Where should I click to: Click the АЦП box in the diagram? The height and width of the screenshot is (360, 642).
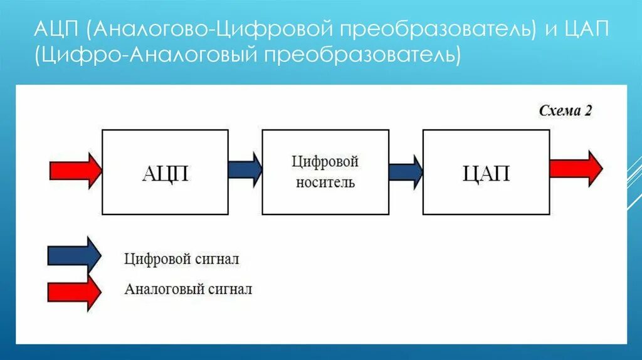pyautogui.click(x=165, y=172)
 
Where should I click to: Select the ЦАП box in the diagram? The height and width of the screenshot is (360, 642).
pyautogui.click(x=486, y=172)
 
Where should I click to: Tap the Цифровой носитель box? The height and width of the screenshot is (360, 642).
pyautogui.click(x=325, y=172)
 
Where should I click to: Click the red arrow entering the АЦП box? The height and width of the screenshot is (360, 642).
pyautogui.click(x=75, y=170)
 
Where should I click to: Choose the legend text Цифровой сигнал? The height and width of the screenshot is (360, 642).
pyautogui.click(x=182, y=259)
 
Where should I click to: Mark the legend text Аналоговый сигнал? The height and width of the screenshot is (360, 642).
pyautogui.click(x=188, y=289)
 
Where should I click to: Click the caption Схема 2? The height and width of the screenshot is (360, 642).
pyautogui.click(x=566, y=110)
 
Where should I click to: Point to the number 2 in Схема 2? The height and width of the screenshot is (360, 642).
pyautogui.click(x=588, y=110)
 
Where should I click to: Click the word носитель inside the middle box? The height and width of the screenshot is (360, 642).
pyautogui.click(x=325, y=183)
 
